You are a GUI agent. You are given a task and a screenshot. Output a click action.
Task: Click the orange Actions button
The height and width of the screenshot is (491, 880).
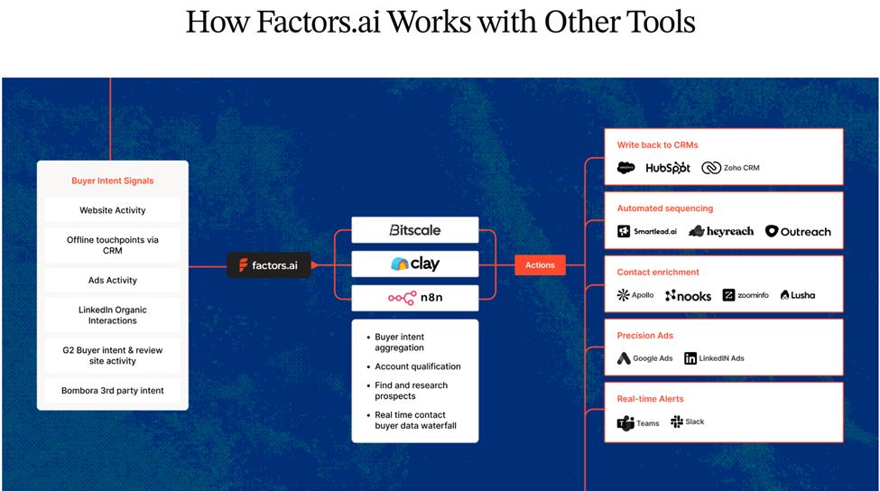540,264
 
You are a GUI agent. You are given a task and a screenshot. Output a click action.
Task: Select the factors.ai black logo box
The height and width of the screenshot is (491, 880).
269,264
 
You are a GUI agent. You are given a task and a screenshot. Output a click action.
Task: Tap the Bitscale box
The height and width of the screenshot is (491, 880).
415,230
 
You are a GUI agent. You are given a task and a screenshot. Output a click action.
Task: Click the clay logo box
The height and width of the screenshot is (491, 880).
415,264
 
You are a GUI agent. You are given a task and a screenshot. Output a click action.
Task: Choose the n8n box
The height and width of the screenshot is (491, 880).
415,297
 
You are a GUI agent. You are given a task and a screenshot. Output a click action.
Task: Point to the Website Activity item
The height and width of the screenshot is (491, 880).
113,210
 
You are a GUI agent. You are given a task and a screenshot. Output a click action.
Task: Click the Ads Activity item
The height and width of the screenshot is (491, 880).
113,280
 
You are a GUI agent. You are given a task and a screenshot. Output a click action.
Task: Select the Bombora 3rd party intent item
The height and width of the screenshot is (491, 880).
113,391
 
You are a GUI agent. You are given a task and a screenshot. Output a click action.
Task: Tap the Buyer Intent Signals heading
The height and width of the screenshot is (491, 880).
113,181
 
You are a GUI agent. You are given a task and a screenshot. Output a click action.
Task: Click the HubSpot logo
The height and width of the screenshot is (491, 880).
668,168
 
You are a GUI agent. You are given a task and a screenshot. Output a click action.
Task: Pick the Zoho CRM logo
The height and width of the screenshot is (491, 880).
730,168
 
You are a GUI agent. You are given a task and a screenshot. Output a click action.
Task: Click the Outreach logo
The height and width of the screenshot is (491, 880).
798,231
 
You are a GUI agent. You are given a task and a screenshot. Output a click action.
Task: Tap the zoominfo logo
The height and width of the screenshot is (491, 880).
745,295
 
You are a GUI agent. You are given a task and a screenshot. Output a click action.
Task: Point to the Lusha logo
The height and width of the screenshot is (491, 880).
798,295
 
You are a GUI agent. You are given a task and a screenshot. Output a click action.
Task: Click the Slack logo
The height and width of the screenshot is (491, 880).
688,422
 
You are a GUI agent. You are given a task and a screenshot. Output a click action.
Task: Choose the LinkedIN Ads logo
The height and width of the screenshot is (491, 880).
714,358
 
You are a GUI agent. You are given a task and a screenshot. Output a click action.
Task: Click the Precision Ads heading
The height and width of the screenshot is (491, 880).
645,336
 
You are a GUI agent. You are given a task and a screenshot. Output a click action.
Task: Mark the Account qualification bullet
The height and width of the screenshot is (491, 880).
418,366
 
